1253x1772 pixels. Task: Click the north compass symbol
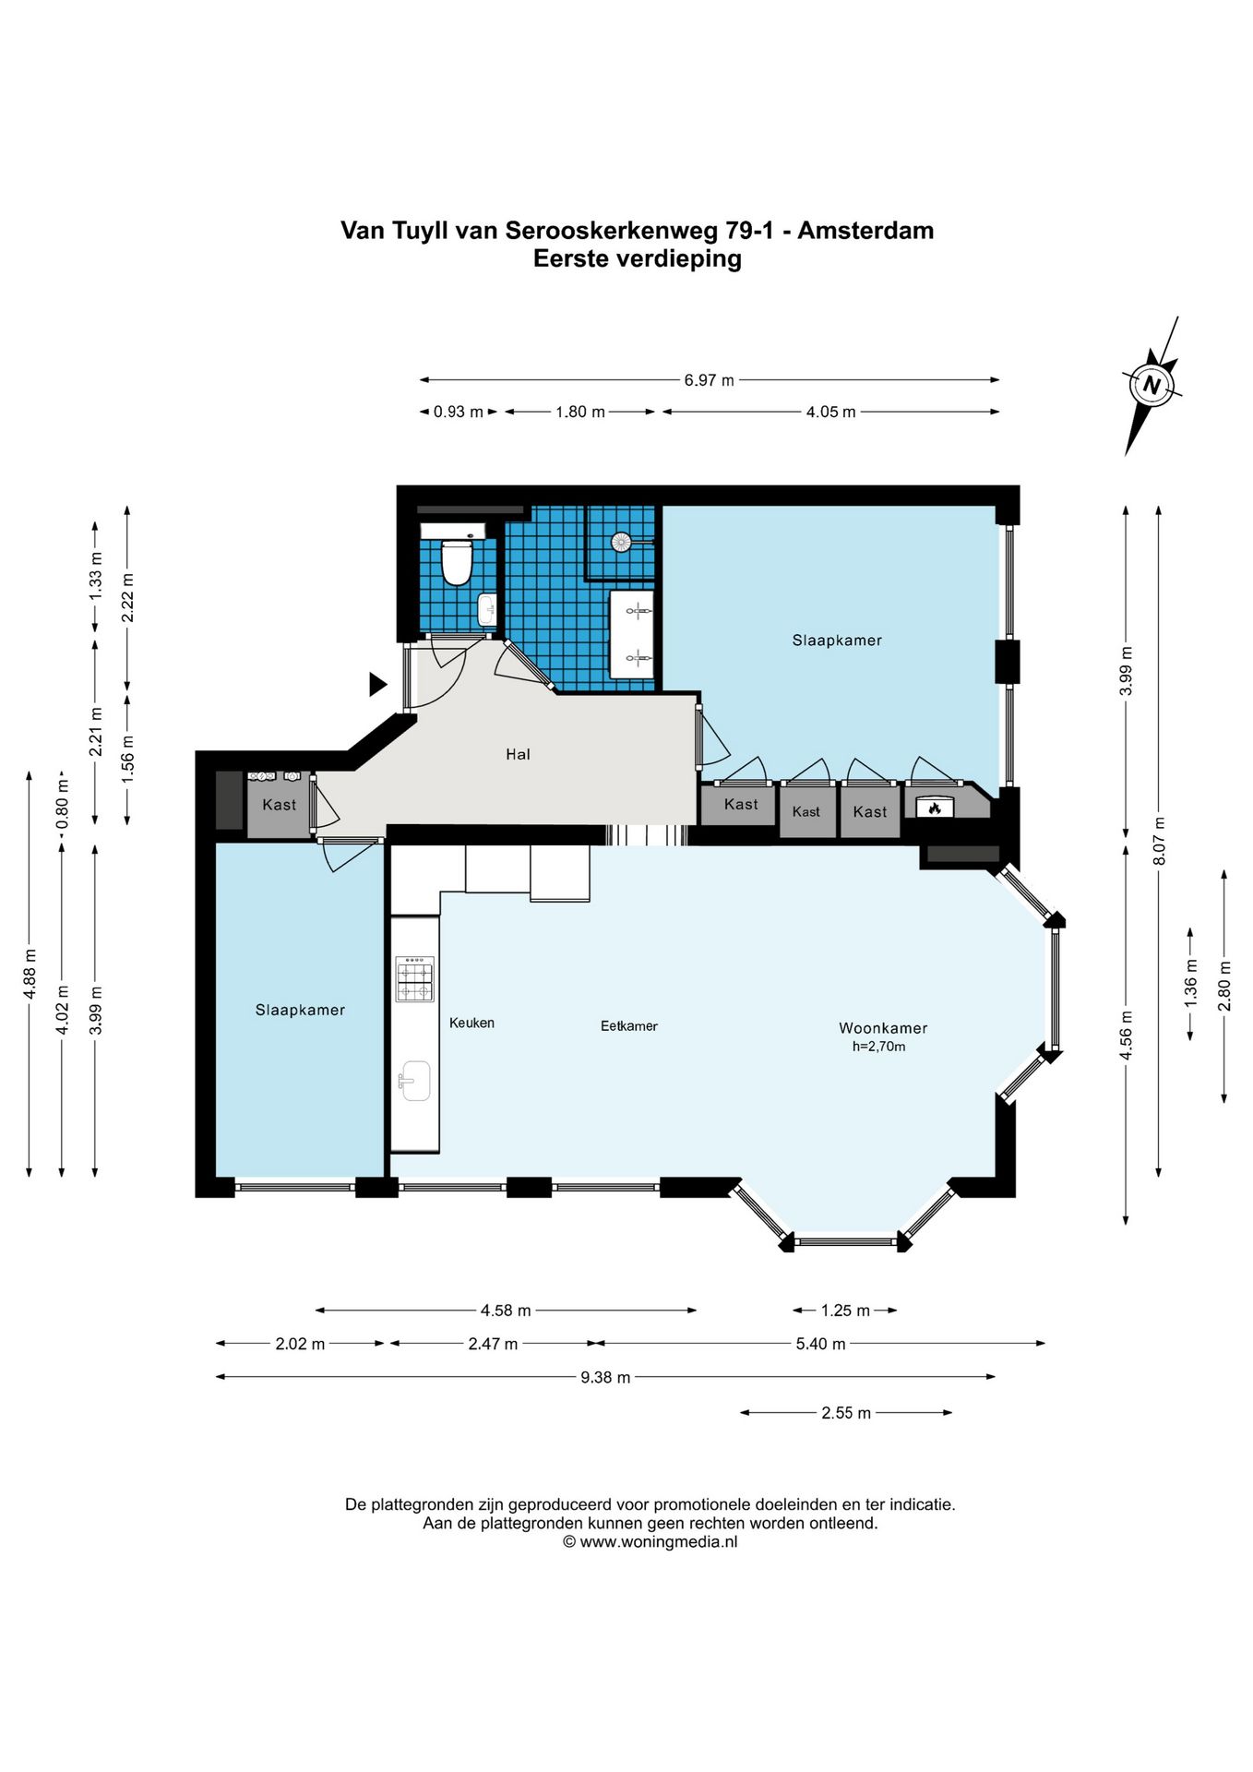pos(1151,385)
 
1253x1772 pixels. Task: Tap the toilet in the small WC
pos(457,561)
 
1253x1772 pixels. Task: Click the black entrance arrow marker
pos(377,684)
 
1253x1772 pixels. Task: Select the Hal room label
pos(518,754)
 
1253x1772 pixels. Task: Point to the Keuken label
pos(471,1023)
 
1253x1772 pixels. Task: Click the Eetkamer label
pos(628,1025)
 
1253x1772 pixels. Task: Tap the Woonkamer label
pos(883,1027)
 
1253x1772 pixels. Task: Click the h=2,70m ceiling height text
pos(878,1047)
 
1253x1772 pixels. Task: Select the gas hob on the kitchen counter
pos(415,979)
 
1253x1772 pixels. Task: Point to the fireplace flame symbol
pos(935,808)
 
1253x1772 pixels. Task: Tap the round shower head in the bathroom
pos(622,542)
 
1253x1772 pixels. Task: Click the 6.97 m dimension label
pos(709,379)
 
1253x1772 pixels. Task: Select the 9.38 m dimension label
pos(605,1377)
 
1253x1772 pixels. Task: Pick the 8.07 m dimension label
pos(1160,841)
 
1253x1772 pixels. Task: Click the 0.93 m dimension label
pos(459,412)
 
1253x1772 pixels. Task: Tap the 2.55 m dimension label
pos(846,1412)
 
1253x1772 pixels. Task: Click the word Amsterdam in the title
pos(865,230)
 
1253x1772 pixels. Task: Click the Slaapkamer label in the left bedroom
pos(300,1010)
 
